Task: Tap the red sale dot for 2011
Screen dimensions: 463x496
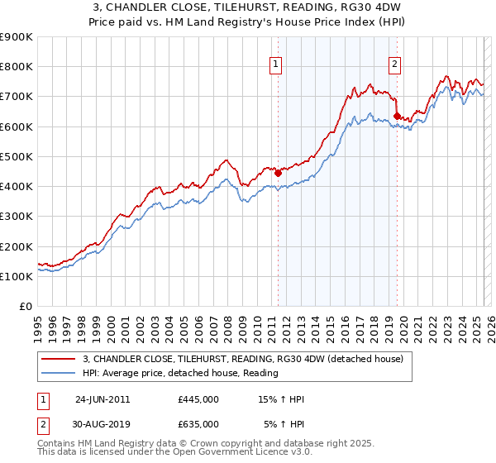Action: click(x=278, y=173)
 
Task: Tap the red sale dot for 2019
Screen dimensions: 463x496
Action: click(x=398, y=116)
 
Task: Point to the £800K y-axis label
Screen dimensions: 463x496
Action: click(x=17, y=67)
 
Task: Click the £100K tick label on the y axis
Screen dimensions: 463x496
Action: click(x=17, y=277)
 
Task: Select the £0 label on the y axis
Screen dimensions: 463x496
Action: click(x=26, y=307)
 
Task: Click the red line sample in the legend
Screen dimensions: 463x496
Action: click(x=57, y=359)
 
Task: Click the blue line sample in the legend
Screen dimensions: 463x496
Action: click(x=57, y=373)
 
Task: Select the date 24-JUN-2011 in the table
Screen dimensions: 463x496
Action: click(x=103, y=399)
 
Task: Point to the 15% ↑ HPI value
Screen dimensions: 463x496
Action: click(x=282, y=399)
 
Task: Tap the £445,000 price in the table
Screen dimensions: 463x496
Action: click(x=198, y=399)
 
